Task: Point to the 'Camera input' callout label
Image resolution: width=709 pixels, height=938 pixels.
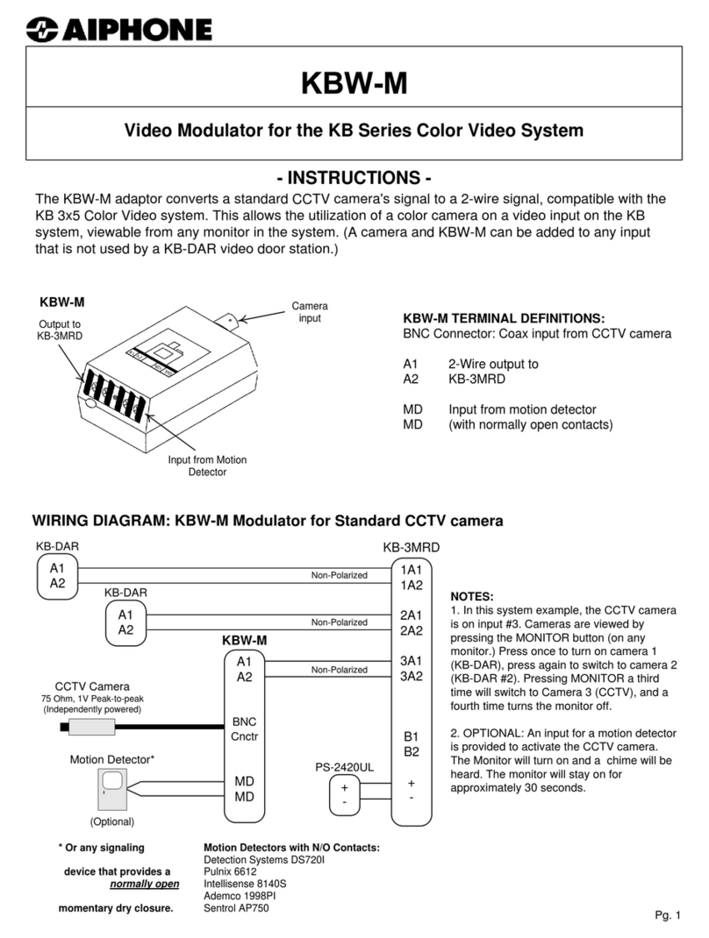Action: coord(310,312)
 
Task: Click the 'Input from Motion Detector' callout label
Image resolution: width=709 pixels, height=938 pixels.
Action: coord(208,465)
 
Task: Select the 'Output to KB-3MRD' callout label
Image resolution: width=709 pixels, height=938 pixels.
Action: coord(58,330)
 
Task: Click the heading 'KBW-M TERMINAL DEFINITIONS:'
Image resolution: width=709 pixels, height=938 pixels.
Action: coord(504,318)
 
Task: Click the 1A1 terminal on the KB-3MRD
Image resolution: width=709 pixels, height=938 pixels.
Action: coord(412,569)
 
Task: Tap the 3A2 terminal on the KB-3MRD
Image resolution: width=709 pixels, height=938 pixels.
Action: coord(412,676)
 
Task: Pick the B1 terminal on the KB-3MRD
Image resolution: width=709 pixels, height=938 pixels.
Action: coord(411,737)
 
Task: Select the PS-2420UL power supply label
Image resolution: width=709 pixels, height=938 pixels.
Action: coord(344,767)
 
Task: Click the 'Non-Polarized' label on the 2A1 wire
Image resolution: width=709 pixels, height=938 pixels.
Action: coord(340,622)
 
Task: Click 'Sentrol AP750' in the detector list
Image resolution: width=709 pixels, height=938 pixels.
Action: coord(236,908)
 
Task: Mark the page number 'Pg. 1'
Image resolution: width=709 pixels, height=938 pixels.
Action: coord(667,916)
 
